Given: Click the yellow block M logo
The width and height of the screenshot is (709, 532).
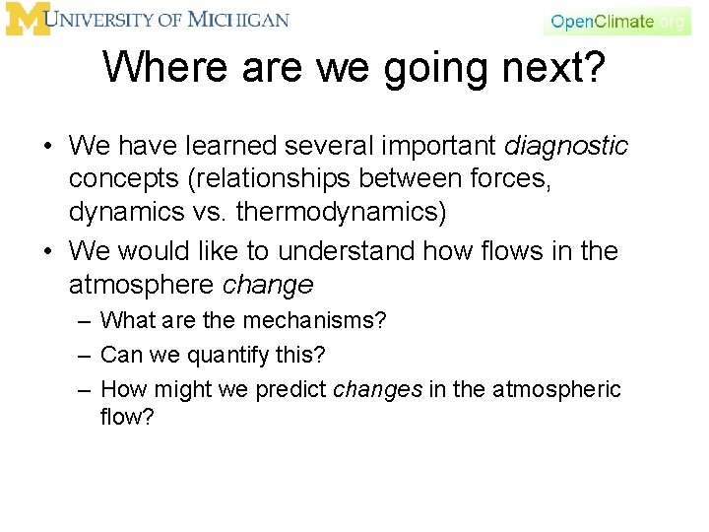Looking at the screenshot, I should tap(27, 20).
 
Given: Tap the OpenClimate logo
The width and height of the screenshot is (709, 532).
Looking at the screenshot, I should tap(616, 21).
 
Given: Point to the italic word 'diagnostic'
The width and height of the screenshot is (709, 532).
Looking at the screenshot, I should tap(566, 147).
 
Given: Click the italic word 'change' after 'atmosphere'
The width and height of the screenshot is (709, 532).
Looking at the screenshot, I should tap(269, 285).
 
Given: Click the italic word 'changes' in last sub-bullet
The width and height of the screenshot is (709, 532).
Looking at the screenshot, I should tap(378, 389).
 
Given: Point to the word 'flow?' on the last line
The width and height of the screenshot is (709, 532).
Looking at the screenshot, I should tap(128, 417).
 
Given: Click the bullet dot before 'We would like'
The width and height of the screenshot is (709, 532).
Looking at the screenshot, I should tap(47, 252).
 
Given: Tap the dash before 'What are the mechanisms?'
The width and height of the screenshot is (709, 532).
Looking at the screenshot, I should tap(85, 321).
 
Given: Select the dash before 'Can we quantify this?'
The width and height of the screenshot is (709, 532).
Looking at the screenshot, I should tap(85, 355).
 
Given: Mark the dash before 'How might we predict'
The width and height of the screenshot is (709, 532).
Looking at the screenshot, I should tap(85, 390).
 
